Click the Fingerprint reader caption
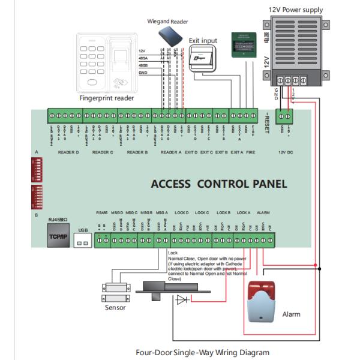pyautogui.click(x=107, y=98)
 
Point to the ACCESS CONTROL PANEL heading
pyautogui.click(x=218, y=184)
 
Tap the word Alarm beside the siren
pyautogui.click(x=291, y=314)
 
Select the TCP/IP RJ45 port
pyautogui.click(x=59, y=236)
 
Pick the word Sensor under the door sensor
pyautogui.click(x=115, y=307)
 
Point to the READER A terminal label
pyautogui.click(x=172, y=152)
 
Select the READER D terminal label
pyautogui.click(x=68, y=152)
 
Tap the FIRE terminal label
pyautogui.click(x=251, y=152)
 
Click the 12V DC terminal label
pyautogui.click(x=287, y=152)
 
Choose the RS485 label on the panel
pyautogui.click(x=103, y=212)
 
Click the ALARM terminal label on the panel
pyautogui.click(x=263, y=212)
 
